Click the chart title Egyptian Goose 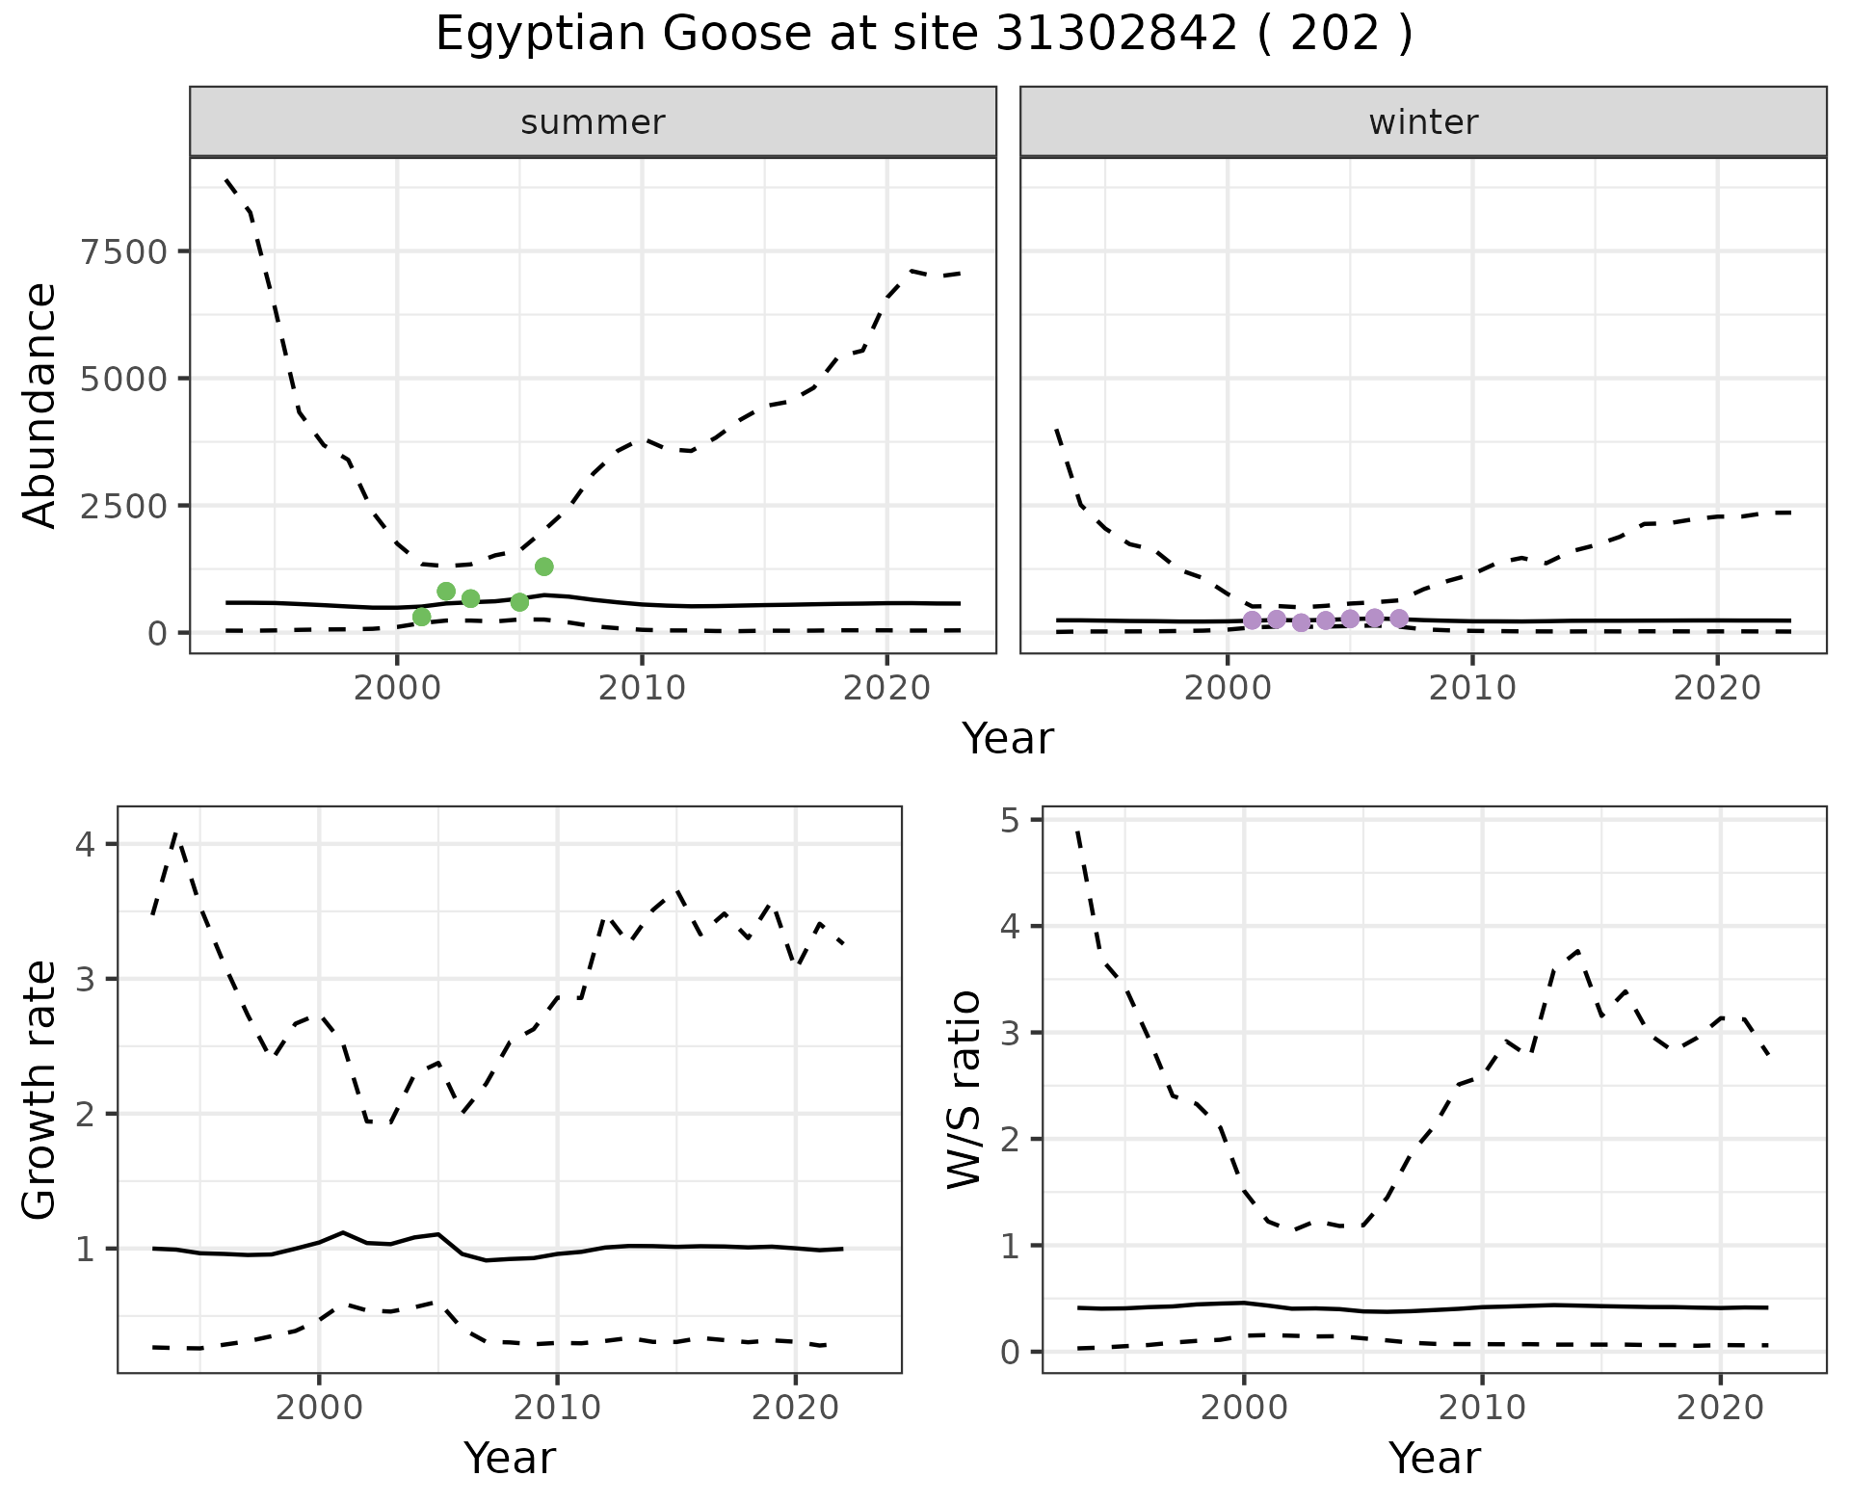coord(923,35)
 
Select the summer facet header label coord(593,122)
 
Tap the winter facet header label coord(1423,122)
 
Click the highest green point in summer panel coord(544,567)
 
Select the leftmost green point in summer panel coord(421,617)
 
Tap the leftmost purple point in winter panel coord(1252,620)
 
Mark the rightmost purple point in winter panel coord(1399,619)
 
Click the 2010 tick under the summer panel coord(642,689)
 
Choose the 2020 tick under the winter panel coord(1717,689)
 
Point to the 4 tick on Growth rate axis coord(85,845)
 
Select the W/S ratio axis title coord(965,1090)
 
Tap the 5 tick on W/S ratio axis coord(1010,820)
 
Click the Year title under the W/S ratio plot coord(1435,1458)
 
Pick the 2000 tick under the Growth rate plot coord(319,1408)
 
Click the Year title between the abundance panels coord(1008,739)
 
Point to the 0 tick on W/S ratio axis coord(1010,1352)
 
